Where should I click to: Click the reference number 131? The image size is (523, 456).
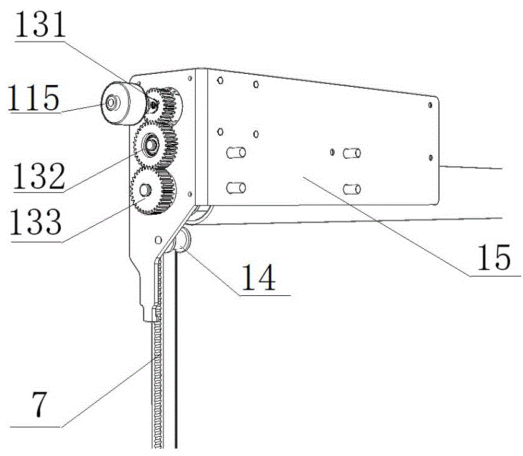pos(40,25)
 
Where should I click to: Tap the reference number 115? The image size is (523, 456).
pos(34,97)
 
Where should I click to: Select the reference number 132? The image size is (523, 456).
pos(39,176)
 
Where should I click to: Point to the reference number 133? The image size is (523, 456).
pos(35,221)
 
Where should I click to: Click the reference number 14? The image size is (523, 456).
pos(258,277)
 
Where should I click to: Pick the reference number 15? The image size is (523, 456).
pos(494,257)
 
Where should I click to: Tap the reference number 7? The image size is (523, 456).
pos(39,404)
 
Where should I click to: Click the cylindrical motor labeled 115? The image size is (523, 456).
pos(123,103)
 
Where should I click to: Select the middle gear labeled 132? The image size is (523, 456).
pos(155,145)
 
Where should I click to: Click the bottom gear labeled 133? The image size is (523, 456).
pos(153,190)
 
